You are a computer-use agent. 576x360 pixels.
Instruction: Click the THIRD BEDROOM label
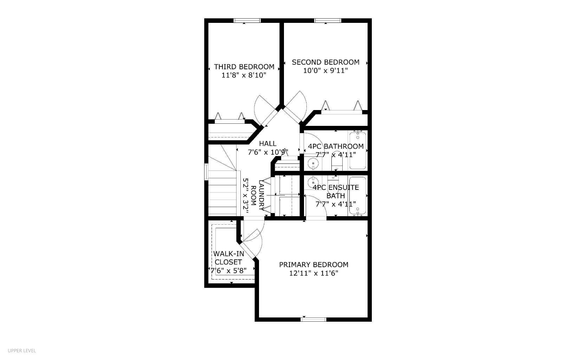pos(244,67)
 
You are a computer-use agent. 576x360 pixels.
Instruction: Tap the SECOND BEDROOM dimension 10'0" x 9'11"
pos(325,71)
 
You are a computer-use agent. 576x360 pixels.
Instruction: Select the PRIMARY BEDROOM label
pos(313,265)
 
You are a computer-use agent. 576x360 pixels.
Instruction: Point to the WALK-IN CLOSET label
pos(228,258)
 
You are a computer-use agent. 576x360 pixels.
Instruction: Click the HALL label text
pos(267,143)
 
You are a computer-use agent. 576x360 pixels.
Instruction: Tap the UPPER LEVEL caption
pos(22,351)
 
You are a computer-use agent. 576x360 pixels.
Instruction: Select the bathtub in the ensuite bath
pos(358,196)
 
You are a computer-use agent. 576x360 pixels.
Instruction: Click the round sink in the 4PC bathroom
pos(313,163)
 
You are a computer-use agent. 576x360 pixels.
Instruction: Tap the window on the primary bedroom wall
pos(313,319)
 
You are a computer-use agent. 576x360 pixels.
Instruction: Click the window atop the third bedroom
pos(247,20)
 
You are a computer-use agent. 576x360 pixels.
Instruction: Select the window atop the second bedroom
pos(328,20)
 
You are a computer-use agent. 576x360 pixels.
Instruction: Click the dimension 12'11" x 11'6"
pos(313,274)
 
